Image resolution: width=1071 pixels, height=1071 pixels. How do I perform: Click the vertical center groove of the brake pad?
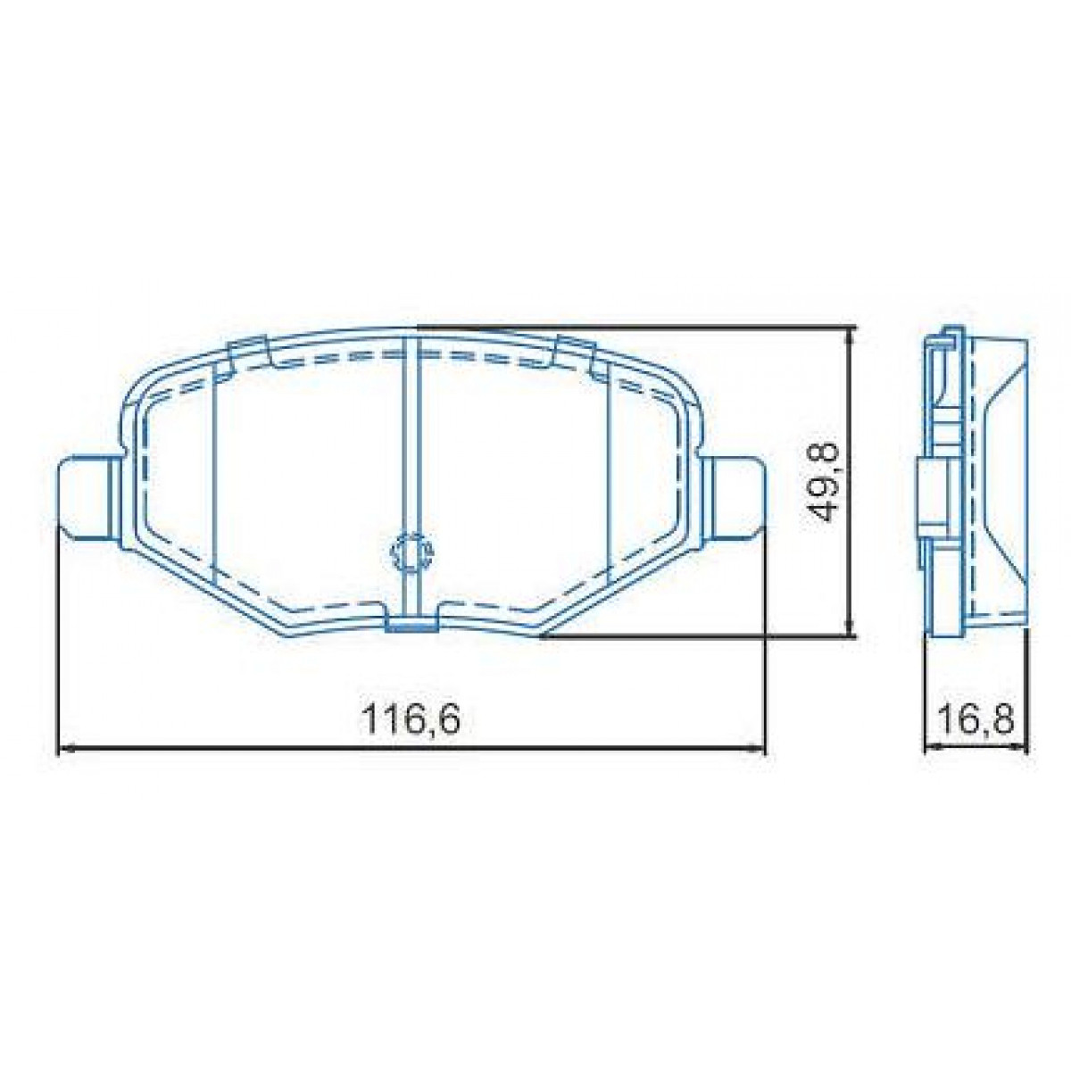412,446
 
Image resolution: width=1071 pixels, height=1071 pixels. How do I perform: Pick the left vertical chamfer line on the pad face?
214,473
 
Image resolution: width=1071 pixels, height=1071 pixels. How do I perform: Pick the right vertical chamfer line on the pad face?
609,473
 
